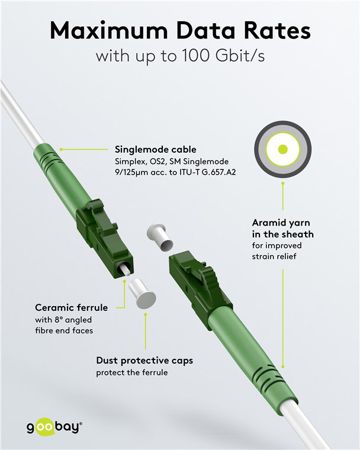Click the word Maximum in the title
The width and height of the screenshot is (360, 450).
[109, 30]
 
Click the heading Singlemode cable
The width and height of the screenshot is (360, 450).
[156, 150]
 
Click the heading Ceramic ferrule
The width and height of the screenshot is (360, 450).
[72, 308]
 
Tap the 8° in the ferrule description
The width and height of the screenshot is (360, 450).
[59, 320]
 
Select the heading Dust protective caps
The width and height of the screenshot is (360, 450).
[144, 361]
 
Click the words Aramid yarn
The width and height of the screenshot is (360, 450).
[281, 223]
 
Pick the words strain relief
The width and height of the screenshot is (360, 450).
[274, 256]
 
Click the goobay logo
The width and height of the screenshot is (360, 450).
[54, 427]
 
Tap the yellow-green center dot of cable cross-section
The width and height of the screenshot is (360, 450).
[283, 149]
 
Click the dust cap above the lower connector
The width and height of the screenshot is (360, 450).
[160, 237]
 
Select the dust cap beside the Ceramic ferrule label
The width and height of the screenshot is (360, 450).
[142, 294]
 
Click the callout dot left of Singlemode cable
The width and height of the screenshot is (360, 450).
[61, 149]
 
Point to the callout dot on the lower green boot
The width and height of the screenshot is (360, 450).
[283, 367]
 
